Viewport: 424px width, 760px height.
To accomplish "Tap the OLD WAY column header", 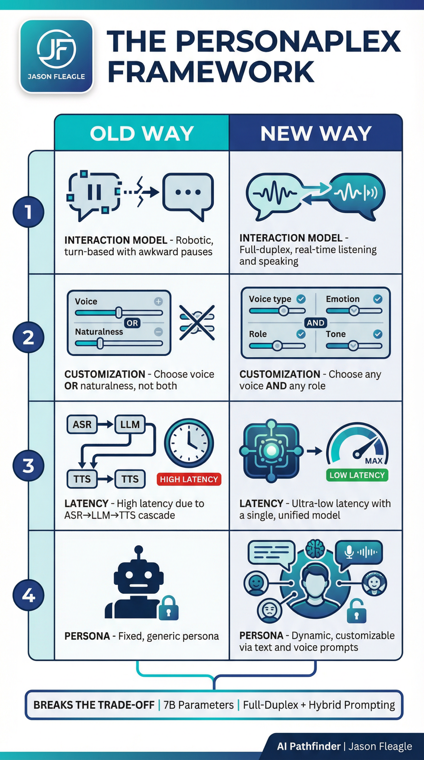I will (142, 133).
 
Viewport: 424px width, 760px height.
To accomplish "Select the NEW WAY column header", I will (316, 133).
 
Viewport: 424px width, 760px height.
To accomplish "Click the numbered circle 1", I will (28, 212).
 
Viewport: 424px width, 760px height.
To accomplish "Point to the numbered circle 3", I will (28, 465).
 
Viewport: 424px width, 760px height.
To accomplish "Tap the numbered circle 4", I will (28, 595).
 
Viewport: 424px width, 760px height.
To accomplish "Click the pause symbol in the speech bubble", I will (94, 192).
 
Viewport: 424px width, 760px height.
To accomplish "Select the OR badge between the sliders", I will (132, 323).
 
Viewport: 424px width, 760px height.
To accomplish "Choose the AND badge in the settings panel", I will (315, 323).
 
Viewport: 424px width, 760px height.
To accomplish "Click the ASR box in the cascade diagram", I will (82, 425).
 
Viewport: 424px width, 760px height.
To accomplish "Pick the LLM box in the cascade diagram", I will (130, 425).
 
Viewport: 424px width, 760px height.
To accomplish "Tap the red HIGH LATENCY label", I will (189, 479).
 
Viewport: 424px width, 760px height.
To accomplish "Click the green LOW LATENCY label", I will (357, 475).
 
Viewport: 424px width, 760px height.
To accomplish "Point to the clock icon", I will (189, 443).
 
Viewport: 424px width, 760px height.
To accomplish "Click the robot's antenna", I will (139, 551).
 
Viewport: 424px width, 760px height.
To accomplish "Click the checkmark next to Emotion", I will (378, 299).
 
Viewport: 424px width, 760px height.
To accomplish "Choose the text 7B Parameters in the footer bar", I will (198, 705).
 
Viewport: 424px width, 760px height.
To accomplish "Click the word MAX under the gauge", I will (374, 461).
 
